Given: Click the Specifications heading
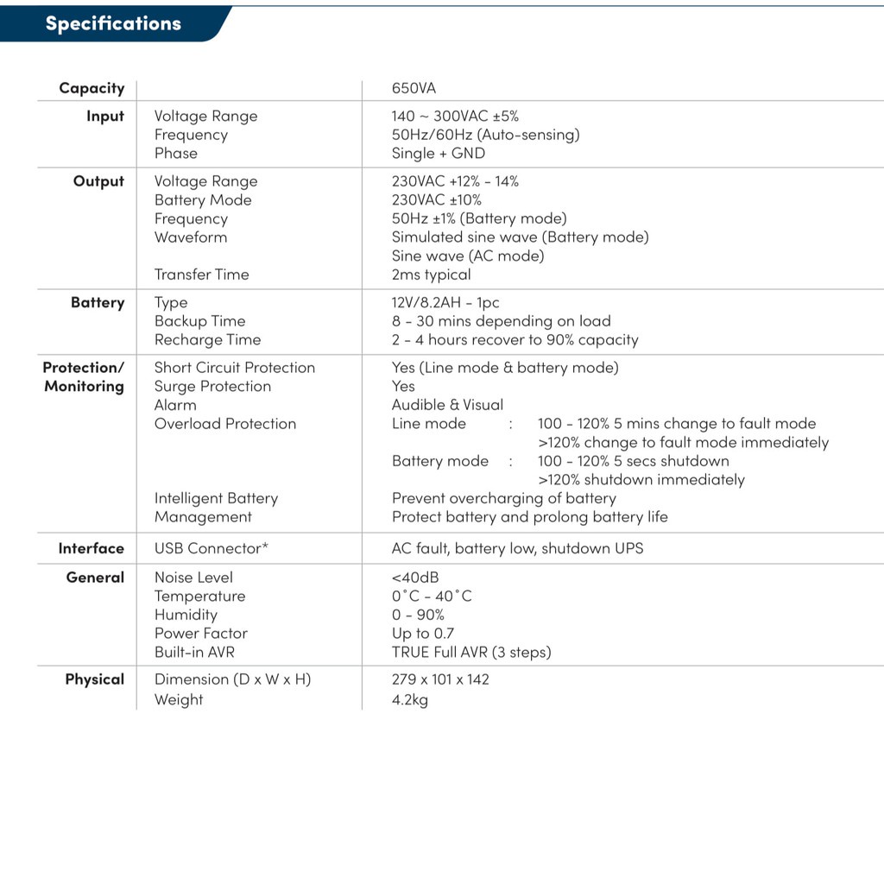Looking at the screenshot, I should [113, 23].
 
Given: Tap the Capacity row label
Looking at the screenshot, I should [92, 88].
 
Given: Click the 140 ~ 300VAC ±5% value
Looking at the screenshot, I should [455, 116].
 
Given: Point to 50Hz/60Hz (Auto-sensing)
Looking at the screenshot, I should [485, 135].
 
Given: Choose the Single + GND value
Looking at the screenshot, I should [438, 153].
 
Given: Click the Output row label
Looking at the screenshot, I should [98, 181].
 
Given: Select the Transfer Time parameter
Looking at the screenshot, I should [201, 275].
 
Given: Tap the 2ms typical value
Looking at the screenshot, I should [431, 275].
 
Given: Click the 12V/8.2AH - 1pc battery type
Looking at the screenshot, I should [445, 303].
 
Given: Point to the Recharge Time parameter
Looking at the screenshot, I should [207, 340].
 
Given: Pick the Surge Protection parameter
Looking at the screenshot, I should [212, 387].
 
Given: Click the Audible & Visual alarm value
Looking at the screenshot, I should [447, 405].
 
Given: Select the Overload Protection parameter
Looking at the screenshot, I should [225, 424].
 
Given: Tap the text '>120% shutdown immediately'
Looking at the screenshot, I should [641, 480].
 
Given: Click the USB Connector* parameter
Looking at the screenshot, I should [212, 548].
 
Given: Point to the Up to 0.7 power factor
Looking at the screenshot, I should [422, 634].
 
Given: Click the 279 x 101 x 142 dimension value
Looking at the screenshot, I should [440, 679].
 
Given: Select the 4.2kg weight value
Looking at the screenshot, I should [409, 700].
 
